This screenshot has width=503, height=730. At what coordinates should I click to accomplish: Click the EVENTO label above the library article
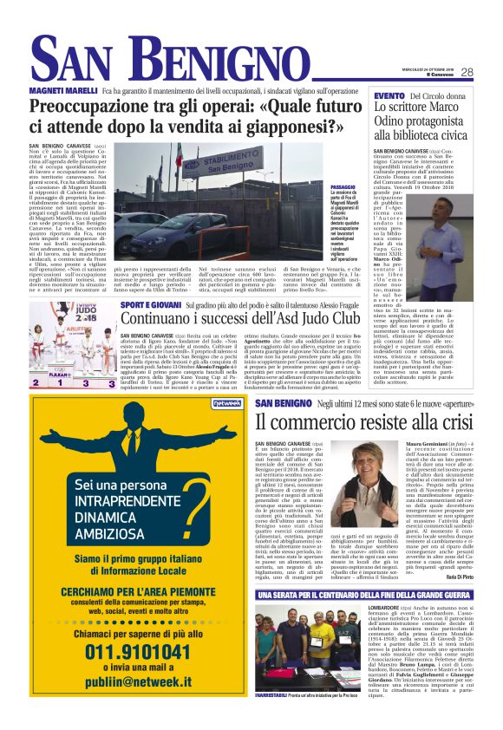389,95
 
